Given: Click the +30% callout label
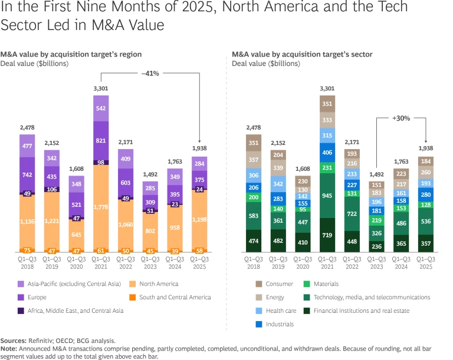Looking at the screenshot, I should (x=401, y=118).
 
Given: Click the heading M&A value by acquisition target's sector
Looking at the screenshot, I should (x=302, y=54).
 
